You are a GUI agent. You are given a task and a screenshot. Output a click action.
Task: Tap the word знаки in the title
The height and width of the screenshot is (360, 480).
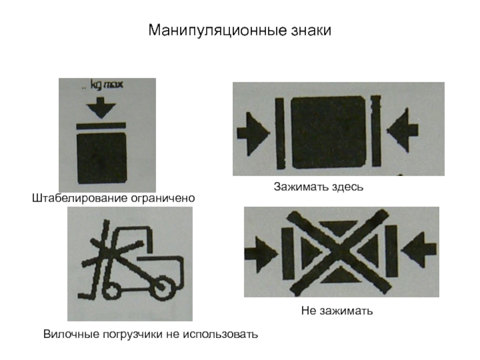point(311,31)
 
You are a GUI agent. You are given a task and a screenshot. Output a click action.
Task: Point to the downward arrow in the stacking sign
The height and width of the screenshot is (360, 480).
point(101,108)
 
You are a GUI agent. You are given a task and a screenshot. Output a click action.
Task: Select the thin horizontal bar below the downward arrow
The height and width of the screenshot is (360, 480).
point(101,126)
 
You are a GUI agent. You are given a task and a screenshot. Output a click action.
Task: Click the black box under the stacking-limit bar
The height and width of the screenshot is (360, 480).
point(102,158)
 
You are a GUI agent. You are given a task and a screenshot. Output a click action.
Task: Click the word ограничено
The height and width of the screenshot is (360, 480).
point(163,199)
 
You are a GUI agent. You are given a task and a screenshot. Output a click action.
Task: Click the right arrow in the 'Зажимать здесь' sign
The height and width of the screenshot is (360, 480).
point(403,130)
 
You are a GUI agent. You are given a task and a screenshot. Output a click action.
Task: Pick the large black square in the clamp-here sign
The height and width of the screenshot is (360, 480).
point(328,133)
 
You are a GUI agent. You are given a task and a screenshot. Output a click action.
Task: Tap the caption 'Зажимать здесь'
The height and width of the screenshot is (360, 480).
point(319,187)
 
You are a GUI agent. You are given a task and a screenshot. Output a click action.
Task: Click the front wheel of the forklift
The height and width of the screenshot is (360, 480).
point(111,291)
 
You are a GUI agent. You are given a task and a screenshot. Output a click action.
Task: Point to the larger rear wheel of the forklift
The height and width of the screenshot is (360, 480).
point(162,288)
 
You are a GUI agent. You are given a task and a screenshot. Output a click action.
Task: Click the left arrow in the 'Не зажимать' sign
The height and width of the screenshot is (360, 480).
point(261,254)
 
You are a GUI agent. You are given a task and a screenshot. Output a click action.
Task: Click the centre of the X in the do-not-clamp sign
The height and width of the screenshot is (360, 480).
point(340,252)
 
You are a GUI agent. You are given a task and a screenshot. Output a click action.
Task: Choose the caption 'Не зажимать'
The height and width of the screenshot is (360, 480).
point(337,311)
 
